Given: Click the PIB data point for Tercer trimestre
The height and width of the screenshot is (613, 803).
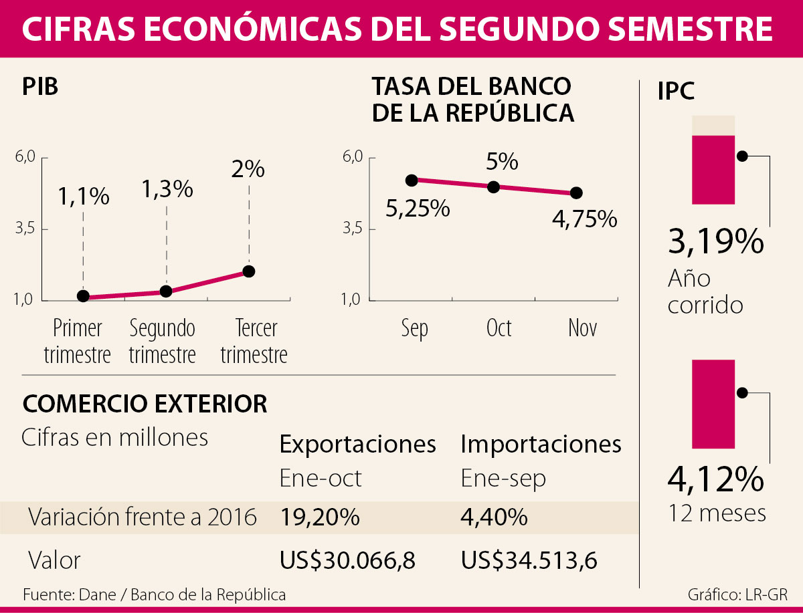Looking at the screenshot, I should tap(249, 271).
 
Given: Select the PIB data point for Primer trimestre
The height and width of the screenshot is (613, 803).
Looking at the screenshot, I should tap(84, 295).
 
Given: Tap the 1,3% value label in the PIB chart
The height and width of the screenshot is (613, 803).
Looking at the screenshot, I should tap(167, 189).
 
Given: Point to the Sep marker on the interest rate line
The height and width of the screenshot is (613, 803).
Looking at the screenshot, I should tap(412, 180).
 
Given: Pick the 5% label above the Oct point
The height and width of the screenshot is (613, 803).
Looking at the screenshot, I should tap(502, 162).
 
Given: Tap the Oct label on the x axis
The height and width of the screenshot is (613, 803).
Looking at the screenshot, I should tap(499, 328).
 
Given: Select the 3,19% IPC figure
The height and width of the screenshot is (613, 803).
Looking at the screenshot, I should tap(715, 241).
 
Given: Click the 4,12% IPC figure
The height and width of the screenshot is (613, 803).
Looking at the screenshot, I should tap(715, 479).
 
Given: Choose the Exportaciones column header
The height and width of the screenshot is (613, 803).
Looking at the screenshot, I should tap(357, 444).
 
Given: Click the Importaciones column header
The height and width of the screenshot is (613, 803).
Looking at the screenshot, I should tap(541, 444).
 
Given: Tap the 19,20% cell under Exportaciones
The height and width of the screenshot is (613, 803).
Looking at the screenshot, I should tap(320, 517).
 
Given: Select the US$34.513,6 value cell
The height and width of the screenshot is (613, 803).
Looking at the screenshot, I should tap(529, 561).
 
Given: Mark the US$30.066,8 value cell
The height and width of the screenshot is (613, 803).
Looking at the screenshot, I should tap(347, 561).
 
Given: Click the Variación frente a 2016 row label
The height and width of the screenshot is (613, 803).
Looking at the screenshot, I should tap(143, 517).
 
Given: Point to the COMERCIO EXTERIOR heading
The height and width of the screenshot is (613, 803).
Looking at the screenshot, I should tap(145, 404).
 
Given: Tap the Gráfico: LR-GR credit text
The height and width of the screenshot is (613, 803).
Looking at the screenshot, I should tap(737, 594).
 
